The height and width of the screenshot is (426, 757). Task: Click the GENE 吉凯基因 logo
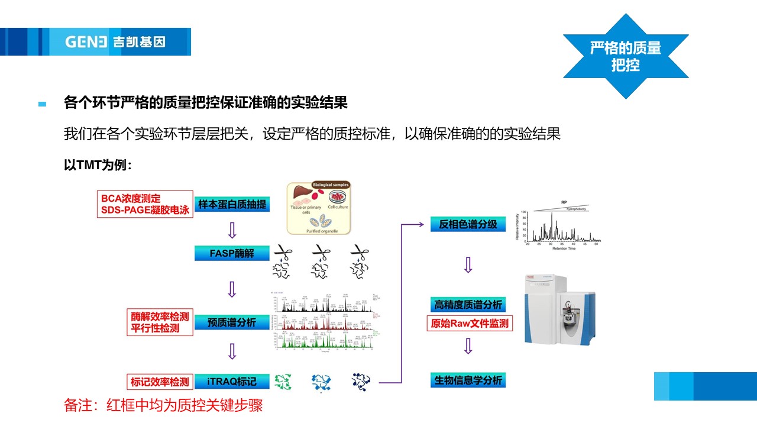115,42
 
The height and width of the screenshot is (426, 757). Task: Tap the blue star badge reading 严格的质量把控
625,56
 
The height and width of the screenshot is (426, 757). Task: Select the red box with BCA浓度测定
145,204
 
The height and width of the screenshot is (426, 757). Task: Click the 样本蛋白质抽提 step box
232,205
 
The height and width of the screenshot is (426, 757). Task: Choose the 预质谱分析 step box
232,322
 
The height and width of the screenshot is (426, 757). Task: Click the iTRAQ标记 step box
232,382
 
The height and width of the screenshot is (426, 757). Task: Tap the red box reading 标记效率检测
160,382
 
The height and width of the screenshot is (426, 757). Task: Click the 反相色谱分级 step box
468,224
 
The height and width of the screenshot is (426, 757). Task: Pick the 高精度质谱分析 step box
468,305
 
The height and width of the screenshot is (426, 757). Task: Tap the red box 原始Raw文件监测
468,324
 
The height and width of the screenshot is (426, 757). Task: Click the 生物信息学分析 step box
468,380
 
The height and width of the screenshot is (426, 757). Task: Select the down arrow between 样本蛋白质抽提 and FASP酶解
232,230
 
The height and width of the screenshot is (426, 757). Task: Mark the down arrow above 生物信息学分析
468,346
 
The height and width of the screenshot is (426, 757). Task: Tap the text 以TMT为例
98,165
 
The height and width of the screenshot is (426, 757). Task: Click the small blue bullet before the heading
42,104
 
